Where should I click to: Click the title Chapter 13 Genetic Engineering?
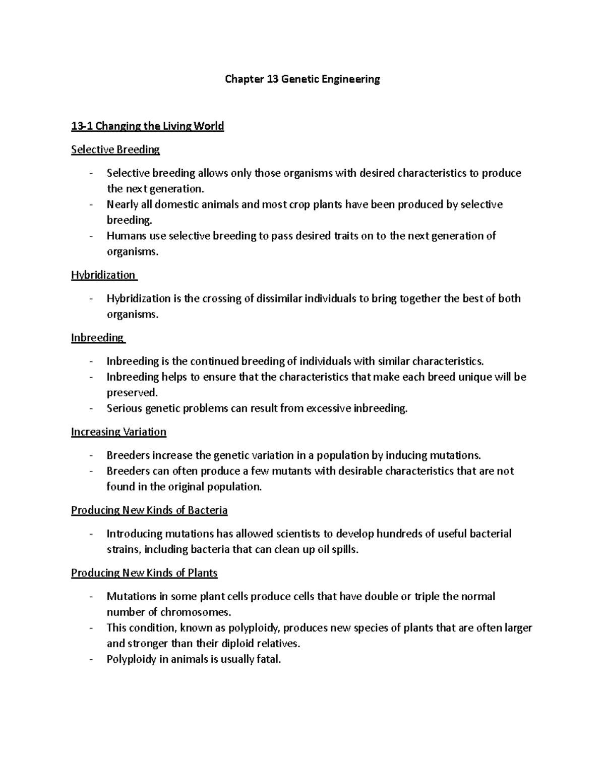(302, 79)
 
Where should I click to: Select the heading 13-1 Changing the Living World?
(147, 126)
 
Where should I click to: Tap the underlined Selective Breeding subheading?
(115, 149)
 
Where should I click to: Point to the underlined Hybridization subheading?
(103, 275)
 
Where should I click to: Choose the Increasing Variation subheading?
(118, 432)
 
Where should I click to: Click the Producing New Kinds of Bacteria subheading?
(149, 510)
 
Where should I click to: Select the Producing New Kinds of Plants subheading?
(144, 573)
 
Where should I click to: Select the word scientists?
(297, 534)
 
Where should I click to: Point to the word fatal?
(268, 659)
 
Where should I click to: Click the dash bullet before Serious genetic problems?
(91, 408)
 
